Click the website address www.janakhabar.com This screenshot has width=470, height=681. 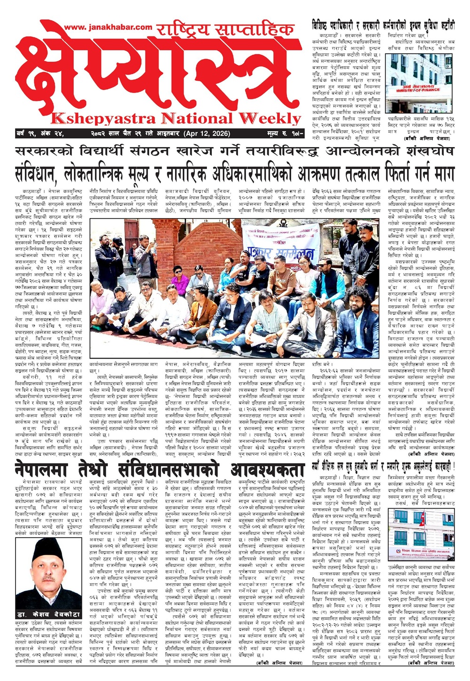[x=108, y=28]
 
